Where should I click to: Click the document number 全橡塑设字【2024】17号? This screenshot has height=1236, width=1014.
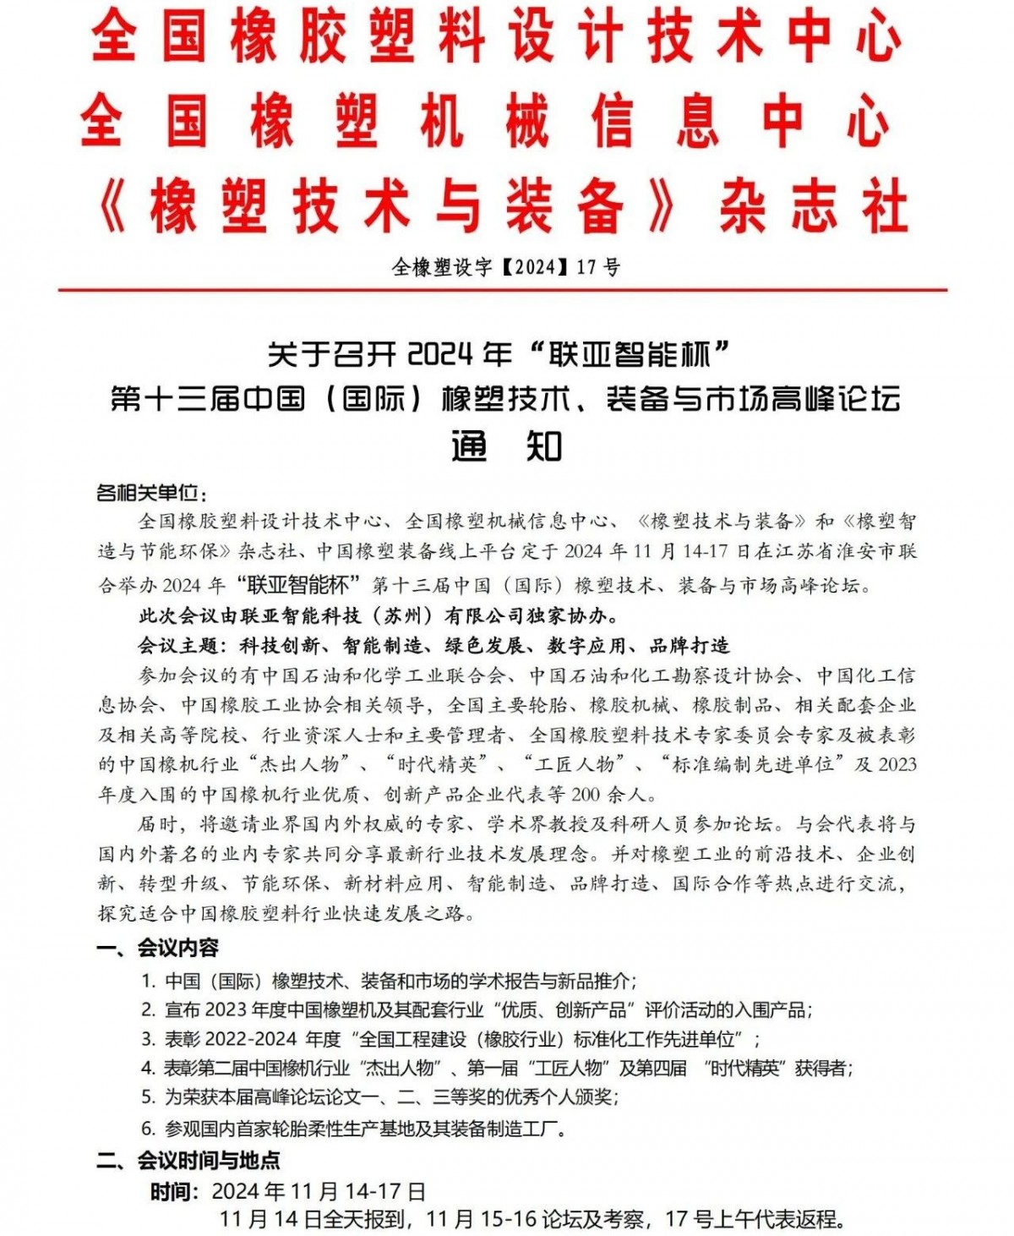click(x=506, y=267)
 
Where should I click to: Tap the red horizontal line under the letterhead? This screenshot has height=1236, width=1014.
click(x=503, y=290)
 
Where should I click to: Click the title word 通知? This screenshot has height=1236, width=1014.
click(x=506, y=446)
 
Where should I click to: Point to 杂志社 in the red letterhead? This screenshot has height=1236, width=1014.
click(x=813, y=207)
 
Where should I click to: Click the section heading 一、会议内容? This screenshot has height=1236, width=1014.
click(x=157, y=948)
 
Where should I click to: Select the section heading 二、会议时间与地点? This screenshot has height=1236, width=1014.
click(x=188, y=1160)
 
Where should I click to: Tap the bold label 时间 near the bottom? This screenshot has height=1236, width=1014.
click(x=173, y=1192)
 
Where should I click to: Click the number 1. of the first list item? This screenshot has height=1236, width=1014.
click(x=149, y=982)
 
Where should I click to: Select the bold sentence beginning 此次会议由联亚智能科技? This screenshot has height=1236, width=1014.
click(x=379, y=616)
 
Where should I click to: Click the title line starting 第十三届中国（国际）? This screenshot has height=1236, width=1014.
click(x=505, y=398)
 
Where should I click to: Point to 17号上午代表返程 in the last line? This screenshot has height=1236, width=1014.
click(x=752, y=1219)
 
